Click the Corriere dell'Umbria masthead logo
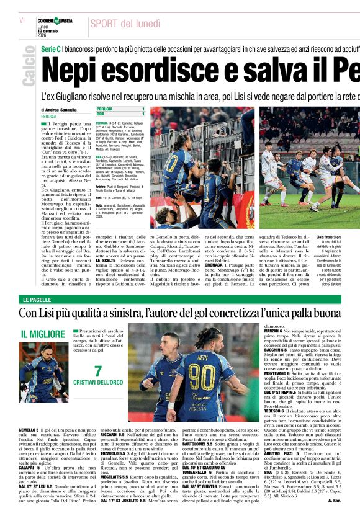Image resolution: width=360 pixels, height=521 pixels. pyautogui.click(x=55, y=20)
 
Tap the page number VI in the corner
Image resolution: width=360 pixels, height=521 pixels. pyautogui.click(x=22, y=20)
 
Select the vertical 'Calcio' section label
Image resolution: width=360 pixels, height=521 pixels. pyautogui.click(x=28, y=70)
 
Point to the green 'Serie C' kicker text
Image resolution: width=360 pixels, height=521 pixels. pyautogui.click(x=50, y=48)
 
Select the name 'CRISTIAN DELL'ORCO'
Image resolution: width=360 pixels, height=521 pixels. pyautogui.click(x=97, y=383)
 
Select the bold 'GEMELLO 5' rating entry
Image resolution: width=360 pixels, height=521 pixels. pyautogui.click(x=29, y=430)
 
